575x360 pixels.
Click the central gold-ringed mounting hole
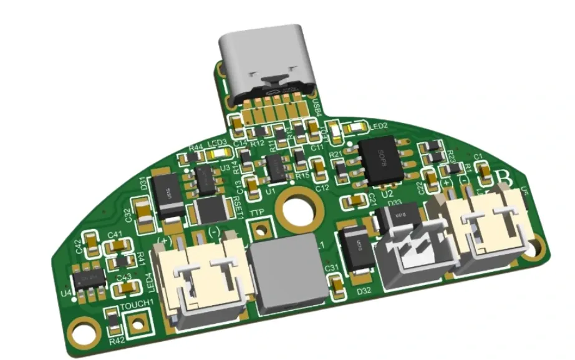coord(294,209)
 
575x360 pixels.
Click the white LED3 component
coord(216,153)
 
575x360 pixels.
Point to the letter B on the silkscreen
coord(505,178)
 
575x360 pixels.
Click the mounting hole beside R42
coord(81,332)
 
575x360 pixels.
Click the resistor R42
coord(112,321)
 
